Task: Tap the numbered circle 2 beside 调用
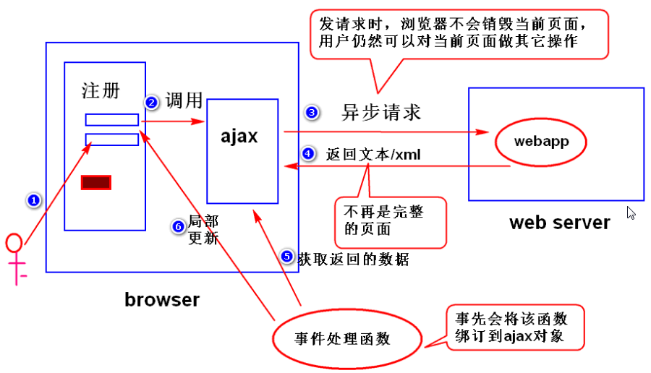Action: (x=152, y=103)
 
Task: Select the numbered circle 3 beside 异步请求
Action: (x=312, y=112)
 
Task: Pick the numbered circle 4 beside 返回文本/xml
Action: (x=309, y=154)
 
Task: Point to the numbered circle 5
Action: (x=287, y=257)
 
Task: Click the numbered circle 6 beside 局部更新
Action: (x=179, y=227)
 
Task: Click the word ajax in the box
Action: (x=239, y=136)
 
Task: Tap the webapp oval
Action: (x=541, y=142)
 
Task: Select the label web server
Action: (x=559, y=222)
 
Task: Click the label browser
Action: (x=162, y=299)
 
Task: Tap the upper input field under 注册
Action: (x=112, y=120)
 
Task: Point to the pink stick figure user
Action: (x=14, y=257)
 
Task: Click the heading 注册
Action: (x=101, y=90)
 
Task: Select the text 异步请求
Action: (x=380, y=113)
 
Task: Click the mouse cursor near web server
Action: (x=631, y=213)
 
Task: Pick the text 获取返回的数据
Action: (x=353, y=259)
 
